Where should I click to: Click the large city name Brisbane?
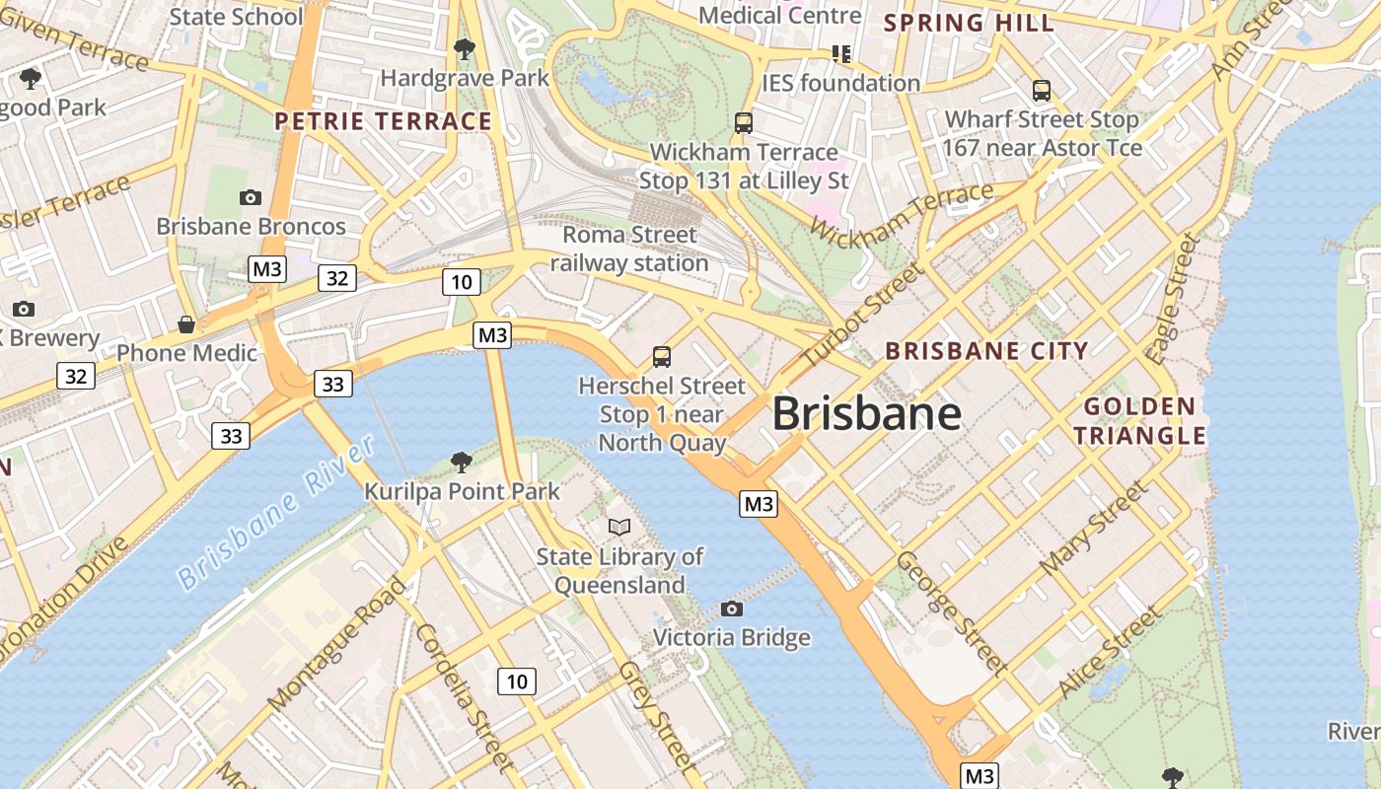866,413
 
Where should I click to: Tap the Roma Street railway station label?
629,250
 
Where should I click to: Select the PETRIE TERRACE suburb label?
383,121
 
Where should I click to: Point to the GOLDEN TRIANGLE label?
1139,421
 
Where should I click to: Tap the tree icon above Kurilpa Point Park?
461,462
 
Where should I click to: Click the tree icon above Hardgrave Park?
465,48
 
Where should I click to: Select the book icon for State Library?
619,528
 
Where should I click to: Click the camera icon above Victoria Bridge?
732,609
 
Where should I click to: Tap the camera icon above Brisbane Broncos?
251,197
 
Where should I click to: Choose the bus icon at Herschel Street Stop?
662,356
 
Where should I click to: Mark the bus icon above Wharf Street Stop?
1042,91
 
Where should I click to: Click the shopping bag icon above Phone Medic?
186,324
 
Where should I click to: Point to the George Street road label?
952,611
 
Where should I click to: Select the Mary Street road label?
1095,529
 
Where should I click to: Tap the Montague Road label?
337,643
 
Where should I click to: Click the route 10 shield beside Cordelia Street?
517,681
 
